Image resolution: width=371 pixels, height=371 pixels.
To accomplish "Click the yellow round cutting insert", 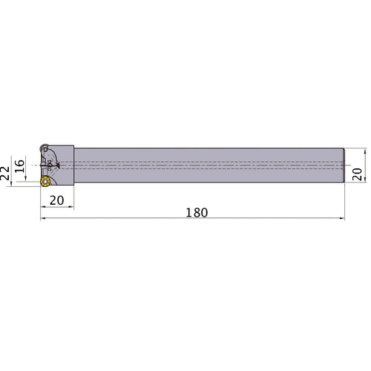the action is click(45, 181).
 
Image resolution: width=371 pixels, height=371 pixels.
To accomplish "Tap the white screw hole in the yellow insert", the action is click(45, 182).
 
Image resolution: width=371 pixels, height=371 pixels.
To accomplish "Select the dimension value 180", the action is click(197, 212).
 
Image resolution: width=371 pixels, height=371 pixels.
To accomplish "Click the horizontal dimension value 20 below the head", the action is click(56, 200).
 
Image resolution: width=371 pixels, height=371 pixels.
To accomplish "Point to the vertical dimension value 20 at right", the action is click(357, 174).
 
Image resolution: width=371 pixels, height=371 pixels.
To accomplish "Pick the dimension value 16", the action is click(19, 166).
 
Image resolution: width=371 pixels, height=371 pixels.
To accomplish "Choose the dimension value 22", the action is click(5, 173).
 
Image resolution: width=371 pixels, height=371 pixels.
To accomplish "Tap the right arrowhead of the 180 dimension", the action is click(341, 218).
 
